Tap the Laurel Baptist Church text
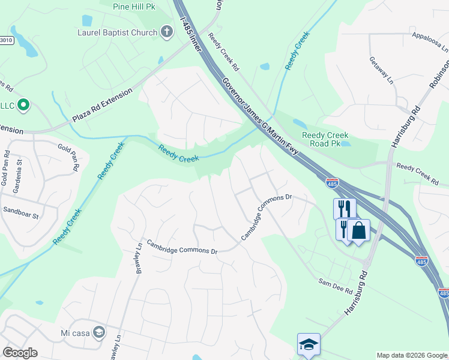tap(117, 32)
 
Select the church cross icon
tap(167, 32)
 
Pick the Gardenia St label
tap(19, 174)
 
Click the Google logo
tap(19, 353)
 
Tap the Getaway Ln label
tap(381, 70)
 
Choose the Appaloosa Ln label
tap(430, 43)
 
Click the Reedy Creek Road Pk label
tap(325, 139)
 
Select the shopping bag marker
tap(358, 230)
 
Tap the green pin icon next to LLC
tap(23, 106)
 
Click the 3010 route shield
tap(5, 40)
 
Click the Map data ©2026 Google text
tap(412, 355)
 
